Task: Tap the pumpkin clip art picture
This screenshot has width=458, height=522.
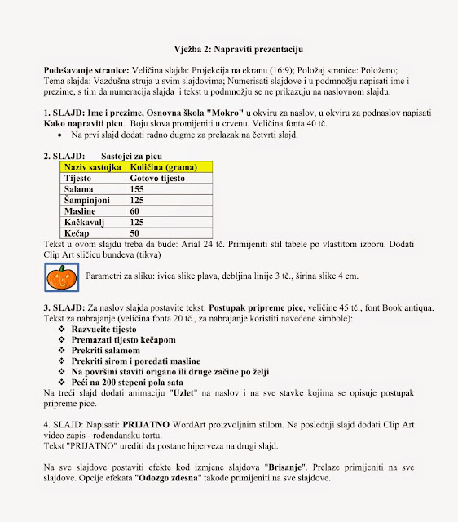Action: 59,277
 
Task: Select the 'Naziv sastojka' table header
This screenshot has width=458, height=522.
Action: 92,166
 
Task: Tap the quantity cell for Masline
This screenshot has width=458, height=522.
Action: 135,210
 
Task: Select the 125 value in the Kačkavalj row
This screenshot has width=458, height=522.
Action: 137,221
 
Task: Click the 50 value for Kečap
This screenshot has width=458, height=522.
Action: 135,232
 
